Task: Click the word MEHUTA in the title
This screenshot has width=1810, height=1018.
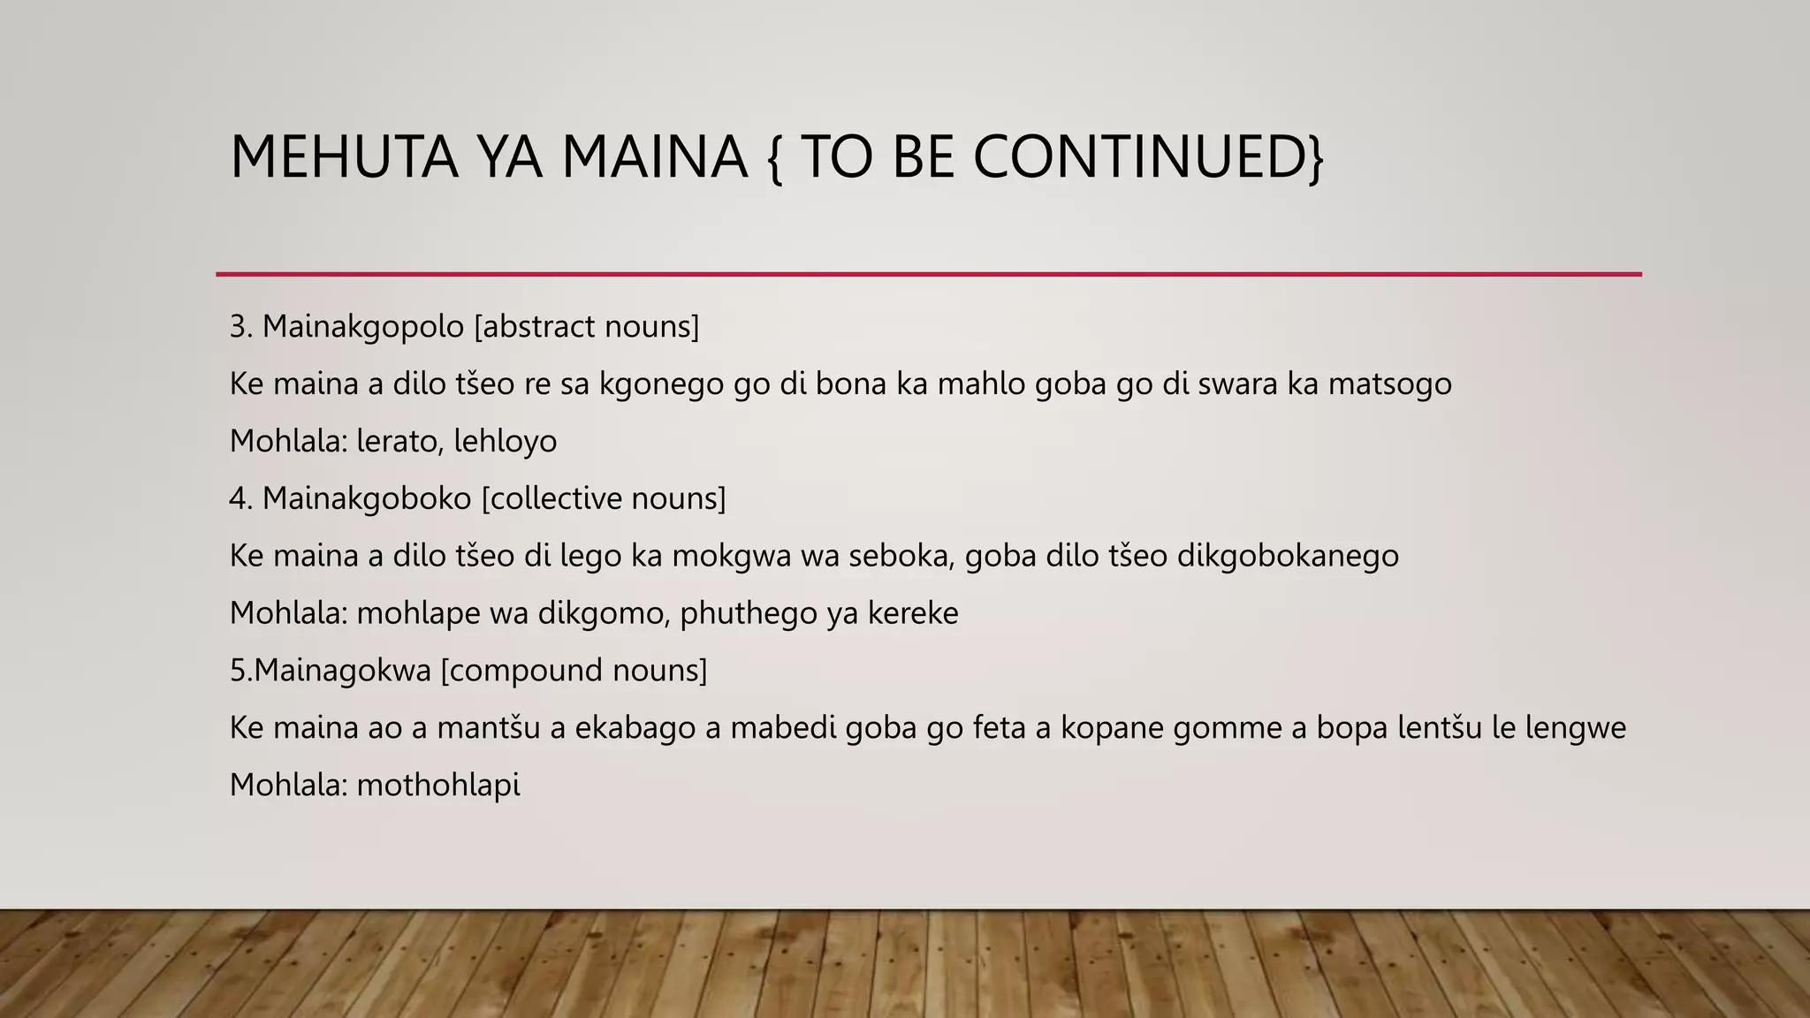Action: click(344, 156)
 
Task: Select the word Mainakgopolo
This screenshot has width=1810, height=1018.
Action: click(362, 327)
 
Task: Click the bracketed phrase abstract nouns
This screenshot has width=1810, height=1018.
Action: click(587, 327)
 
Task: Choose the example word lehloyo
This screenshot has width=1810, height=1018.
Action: click(506, 441)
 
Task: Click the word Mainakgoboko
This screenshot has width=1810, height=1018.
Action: click(367, 498)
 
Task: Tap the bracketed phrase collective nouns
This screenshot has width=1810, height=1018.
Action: click(604, 498)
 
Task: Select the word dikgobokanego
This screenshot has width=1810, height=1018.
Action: click(1288, 556)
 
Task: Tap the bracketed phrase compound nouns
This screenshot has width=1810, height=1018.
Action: click(574, 671)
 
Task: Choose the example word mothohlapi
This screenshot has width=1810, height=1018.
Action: click(438, 786)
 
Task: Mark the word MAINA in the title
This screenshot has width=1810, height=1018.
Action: click(654, 156)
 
